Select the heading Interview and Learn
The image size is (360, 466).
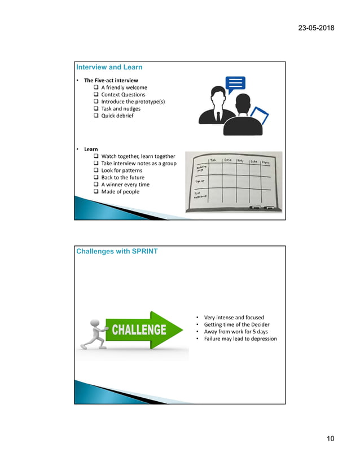click(109, 67)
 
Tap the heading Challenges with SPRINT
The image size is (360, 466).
click(117, 251)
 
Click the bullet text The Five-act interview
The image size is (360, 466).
click(111, 81)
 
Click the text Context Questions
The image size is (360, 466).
click(123, 95)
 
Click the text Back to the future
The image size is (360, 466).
click(122, 178)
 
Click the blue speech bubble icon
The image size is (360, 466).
click(235, 85)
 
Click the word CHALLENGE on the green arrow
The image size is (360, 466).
click(138, 329)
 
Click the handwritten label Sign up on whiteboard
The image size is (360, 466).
click(200, 181)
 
